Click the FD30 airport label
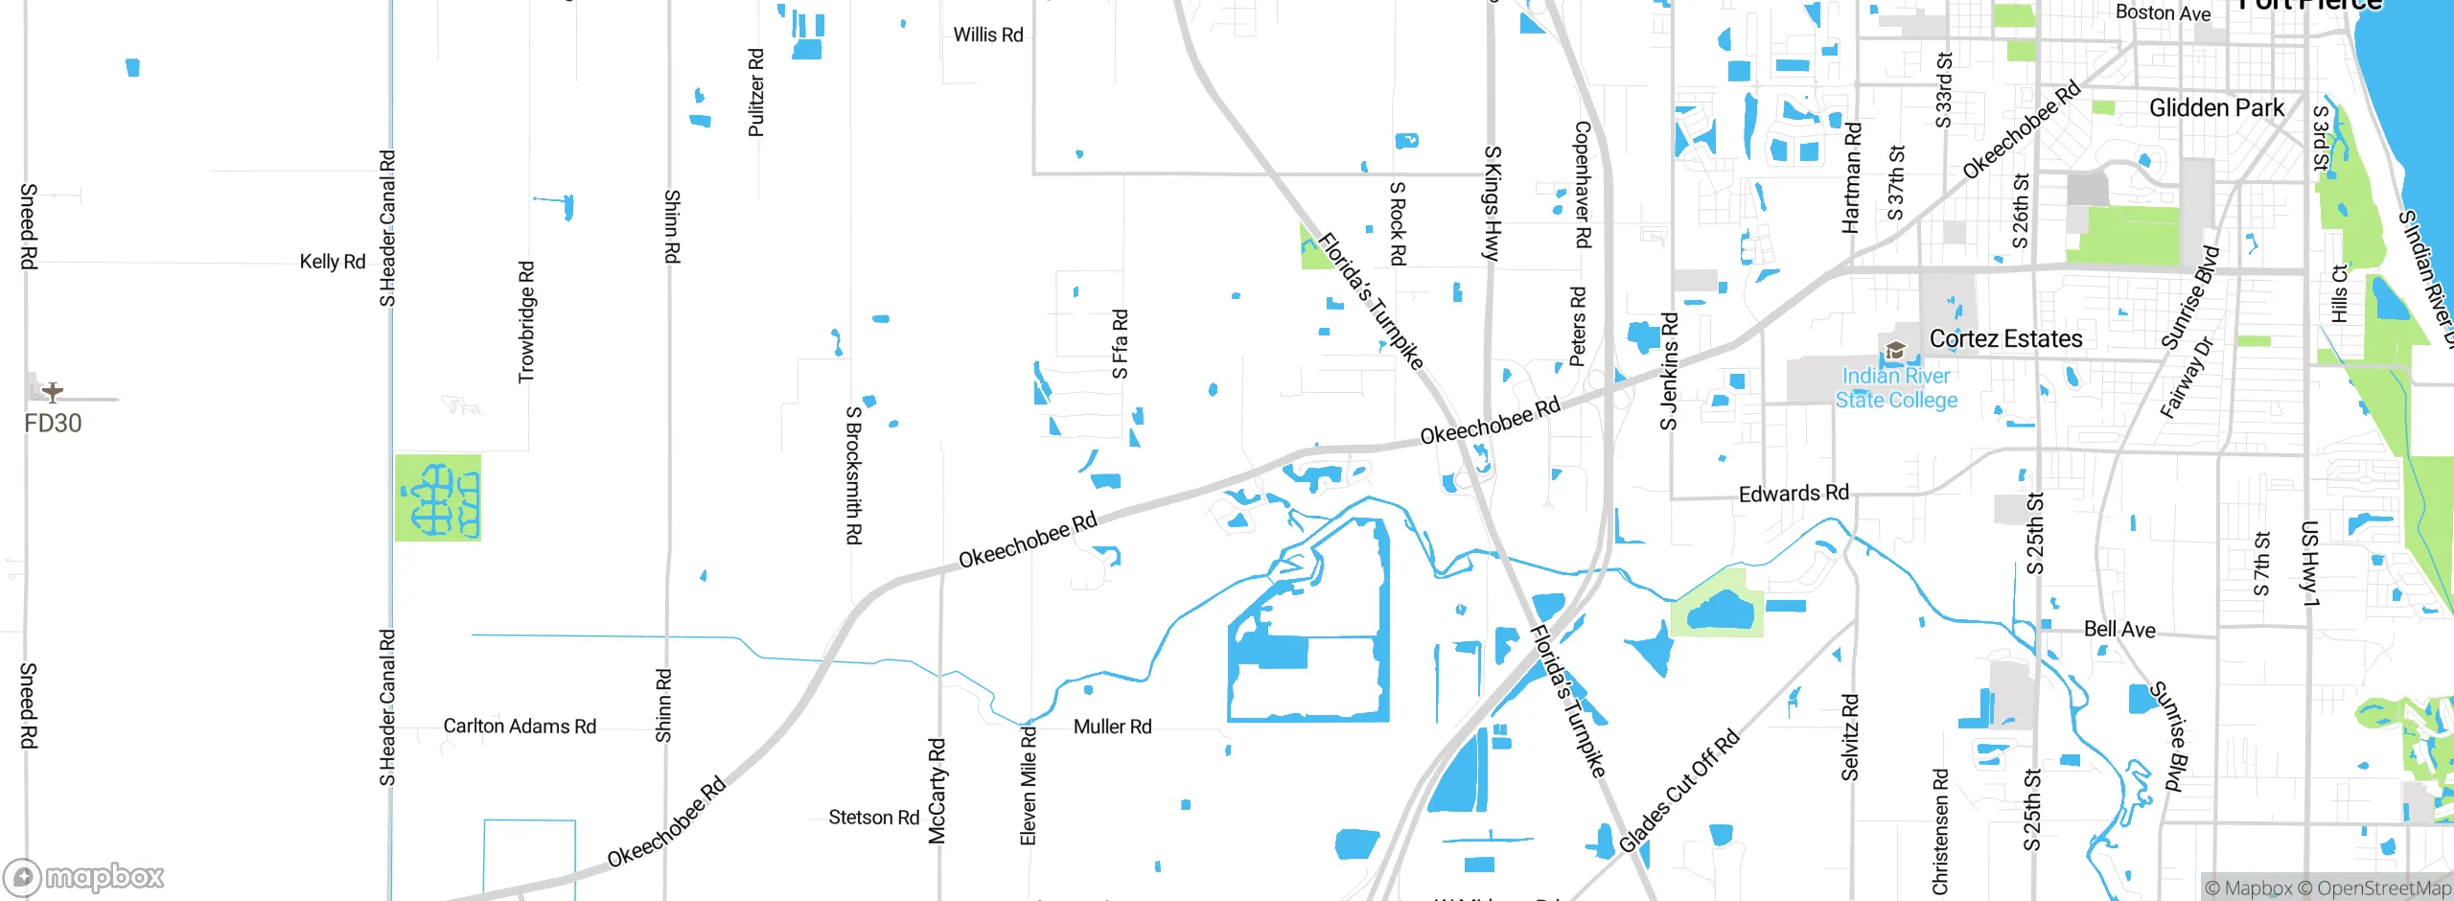[53, 423]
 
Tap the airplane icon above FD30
[53, 391]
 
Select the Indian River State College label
[1896, 388]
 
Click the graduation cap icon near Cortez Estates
[1894, 351]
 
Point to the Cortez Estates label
[2005, 338]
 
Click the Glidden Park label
[2216, 107]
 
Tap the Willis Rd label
[988, 35]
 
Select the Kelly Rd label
[332, 261]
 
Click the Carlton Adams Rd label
[520, 726]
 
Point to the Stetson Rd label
[873, 817]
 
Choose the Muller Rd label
[1112, 727]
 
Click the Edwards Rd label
[1794, 494]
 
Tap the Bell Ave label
[2119, 629]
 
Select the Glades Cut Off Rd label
[1678, 792]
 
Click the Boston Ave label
[2163, 12]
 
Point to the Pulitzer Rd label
[755, 92]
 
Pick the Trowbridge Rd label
[526, 322]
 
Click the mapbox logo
[84, 877]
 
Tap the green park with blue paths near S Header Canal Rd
[438, 498]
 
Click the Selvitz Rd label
[1850, 737]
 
